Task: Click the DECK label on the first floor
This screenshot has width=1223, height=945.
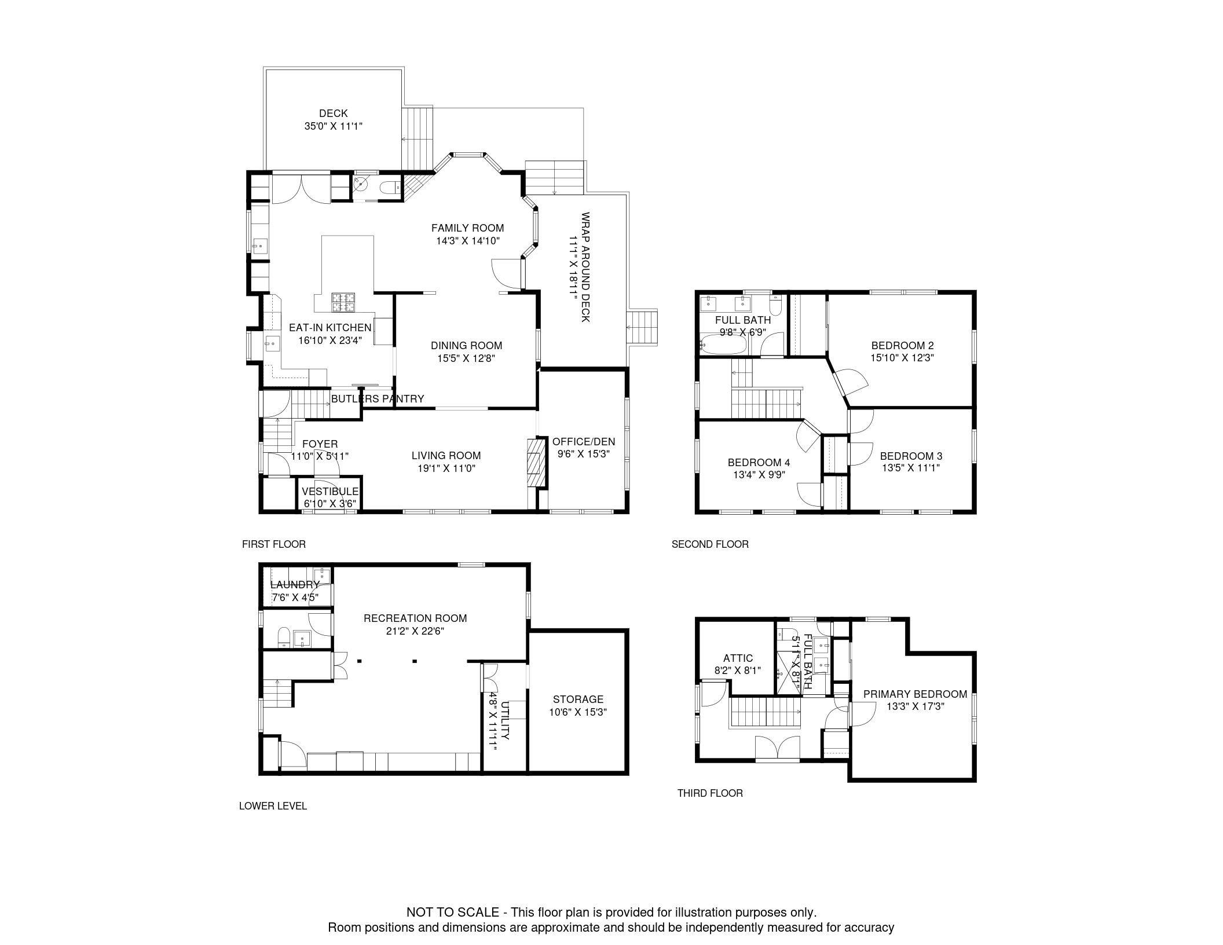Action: coord(334,113)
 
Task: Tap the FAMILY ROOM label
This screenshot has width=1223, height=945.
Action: coord(467,228)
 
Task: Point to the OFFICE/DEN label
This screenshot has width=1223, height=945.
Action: coord(584,442)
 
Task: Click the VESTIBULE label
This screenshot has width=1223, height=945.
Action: coord(330,492)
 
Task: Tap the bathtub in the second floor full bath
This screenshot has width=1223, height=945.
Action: coord(723,344)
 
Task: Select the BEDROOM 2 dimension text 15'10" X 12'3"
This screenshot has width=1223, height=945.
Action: coord(902,358)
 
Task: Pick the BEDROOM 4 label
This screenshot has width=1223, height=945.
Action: coord(759,463)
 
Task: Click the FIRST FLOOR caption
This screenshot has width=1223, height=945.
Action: coord(274,544)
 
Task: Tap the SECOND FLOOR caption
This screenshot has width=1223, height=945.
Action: coord(710,544)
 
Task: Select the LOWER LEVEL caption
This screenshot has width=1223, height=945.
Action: coord(273,806)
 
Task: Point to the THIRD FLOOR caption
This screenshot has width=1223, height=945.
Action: coord(710,793)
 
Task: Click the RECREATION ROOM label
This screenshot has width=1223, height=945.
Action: coord(415,618)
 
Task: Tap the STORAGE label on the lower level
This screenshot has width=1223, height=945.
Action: coord(578,699)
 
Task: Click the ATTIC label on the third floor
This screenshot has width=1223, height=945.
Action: coord(738,658)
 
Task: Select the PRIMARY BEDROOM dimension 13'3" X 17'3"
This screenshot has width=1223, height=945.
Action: coord(915,706)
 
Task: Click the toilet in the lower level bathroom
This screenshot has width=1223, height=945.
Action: coord(284,638)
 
